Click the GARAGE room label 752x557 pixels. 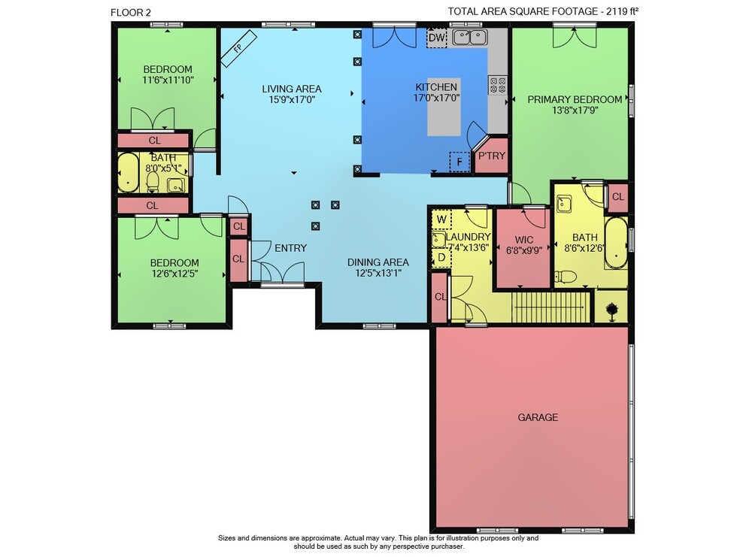[538, 417]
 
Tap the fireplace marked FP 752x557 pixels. [239, 48]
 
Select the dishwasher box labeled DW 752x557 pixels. [436, 38]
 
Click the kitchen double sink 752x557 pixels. [471, 37]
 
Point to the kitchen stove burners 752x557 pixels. [497, 85]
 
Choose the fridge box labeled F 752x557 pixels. [459, 162]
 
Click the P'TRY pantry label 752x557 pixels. [492, 156]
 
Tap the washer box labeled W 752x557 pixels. [441, 220]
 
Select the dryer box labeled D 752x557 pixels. [441, 257]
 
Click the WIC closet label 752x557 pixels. [523, 240]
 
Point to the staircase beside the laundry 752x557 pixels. [550, 307]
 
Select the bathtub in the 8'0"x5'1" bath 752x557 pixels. [128, 173]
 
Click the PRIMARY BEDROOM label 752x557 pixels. [575, 100]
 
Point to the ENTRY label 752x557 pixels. [290, 248]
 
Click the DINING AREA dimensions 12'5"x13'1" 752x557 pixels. [378, 273]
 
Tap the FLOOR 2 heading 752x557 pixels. [130, 13]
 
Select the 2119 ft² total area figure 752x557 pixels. [622, 11]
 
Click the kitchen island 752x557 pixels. [444, 107]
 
